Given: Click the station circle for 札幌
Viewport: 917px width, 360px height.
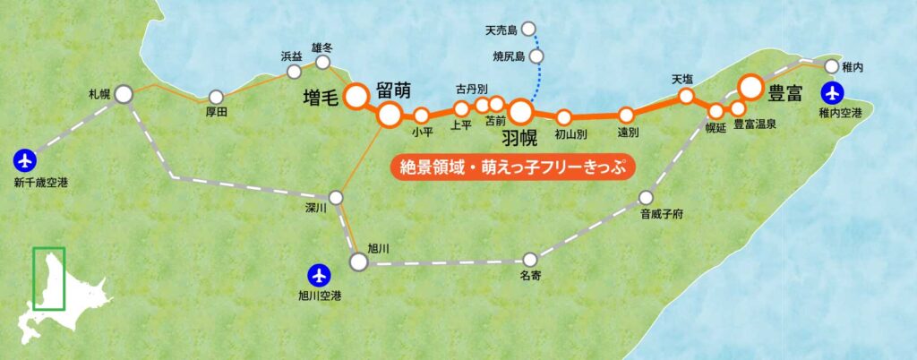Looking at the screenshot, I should pyautogui.click(x=124, y=92).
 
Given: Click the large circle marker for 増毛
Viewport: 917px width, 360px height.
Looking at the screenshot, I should pyautogui.click(x=357, y=95).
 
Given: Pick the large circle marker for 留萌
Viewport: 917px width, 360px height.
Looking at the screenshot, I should pyautogui.click(x=390, y=114).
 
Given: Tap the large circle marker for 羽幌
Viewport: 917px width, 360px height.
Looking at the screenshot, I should pyautogui.click(x=521, y=111).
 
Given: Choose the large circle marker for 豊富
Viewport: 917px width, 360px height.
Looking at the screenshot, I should pyautogui.click(x=750, y=87).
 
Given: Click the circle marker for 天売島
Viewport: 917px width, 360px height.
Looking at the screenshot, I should pyautogui.click(x=528, y=30).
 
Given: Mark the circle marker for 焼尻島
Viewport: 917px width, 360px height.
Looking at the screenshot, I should pyautogui.click(x=536, y=56).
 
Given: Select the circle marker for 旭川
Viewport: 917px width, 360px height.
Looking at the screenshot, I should pyautogui.click(x=358, y=261).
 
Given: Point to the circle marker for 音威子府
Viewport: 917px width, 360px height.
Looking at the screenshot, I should pyautogui.click(x=647, y=198).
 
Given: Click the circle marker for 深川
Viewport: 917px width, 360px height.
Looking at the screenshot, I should pyautogui.click(x=337, y=197).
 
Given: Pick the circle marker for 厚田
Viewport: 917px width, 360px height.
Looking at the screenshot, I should pyautogui.click(x=215, y=97).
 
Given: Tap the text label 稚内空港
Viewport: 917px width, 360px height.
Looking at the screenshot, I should pyautogui.click(x=839, y=113).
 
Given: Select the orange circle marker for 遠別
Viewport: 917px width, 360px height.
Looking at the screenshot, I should pyautogui.click(x=627, y=115).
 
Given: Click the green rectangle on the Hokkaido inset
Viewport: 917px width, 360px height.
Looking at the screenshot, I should pyautogui.click(x=48, y=279).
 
